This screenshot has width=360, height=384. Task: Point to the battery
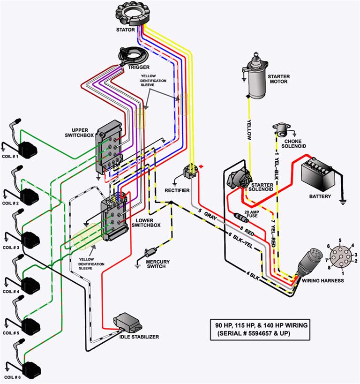coord(321,173)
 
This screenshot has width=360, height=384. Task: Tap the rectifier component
coord(191,172)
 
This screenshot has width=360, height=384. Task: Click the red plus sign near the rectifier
coord(202,166)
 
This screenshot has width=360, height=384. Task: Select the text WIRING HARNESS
coord(322,281)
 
